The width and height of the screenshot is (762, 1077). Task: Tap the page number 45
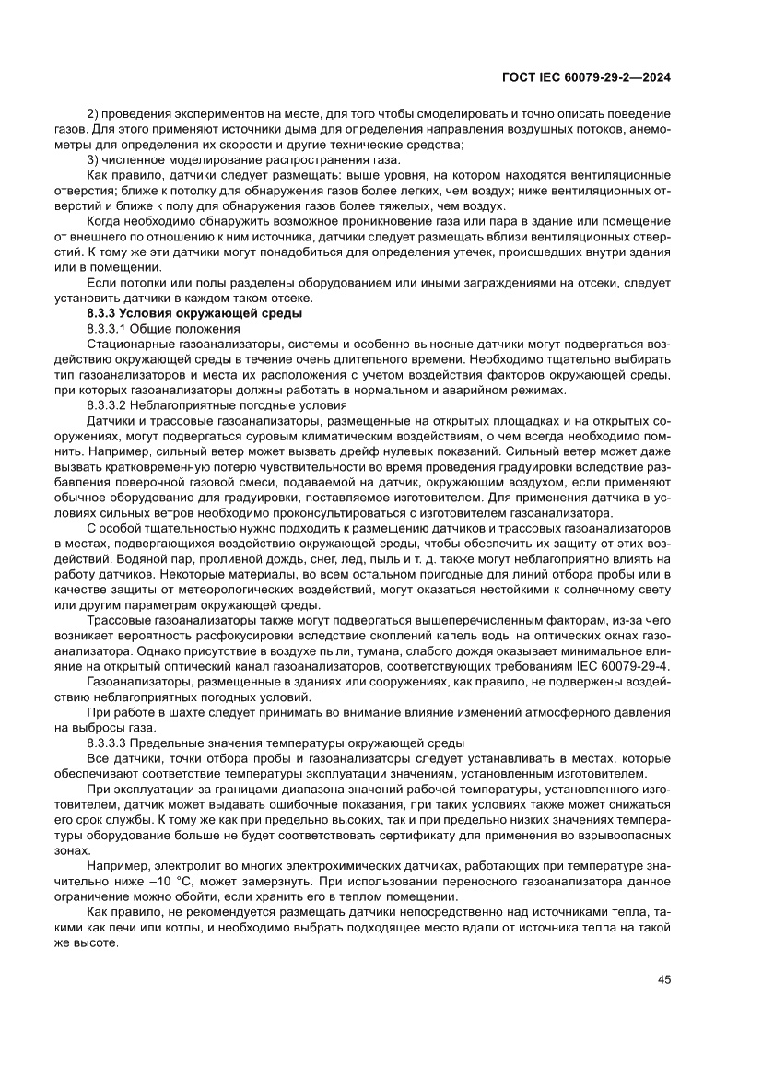click(663, 979)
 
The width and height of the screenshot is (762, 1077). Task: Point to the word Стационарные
click(130, 344)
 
